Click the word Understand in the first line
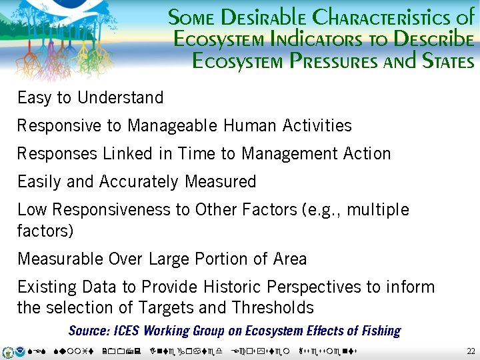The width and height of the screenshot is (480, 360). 120,98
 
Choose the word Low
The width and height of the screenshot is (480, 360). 32,210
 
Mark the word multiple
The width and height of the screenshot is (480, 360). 375,210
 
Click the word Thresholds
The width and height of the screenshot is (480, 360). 273,308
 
